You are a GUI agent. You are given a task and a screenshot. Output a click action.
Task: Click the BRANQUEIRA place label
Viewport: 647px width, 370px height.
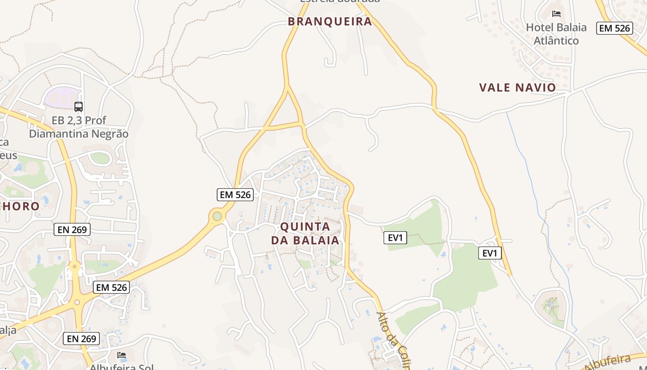coord(330,21)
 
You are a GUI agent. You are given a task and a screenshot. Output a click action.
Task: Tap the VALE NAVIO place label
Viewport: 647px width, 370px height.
coord(517,87)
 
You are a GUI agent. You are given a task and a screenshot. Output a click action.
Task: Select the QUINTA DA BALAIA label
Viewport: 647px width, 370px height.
coord(305,234)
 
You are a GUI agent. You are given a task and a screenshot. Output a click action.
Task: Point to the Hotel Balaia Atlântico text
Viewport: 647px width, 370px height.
coord(556,34)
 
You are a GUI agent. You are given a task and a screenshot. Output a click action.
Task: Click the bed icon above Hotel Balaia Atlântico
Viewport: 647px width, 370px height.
coord(556,14)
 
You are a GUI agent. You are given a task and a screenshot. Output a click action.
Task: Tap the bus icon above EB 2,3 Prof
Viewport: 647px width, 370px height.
coord(79,107)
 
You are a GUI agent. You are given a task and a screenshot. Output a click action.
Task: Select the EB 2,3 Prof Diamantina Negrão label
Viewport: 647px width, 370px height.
coord(79,127)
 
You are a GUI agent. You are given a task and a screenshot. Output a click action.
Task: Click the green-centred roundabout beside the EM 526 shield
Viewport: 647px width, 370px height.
coord(217,216)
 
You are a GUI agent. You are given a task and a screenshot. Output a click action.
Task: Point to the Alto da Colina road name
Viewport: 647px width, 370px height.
coord(393,340)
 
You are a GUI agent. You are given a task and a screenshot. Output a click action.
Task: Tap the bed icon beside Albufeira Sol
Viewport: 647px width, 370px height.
coord(121,355)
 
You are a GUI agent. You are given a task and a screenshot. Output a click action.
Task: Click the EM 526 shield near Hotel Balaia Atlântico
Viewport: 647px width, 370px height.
coord(614,28)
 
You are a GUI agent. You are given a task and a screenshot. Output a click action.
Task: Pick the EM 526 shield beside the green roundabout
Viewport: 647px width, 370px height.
coord(235,195)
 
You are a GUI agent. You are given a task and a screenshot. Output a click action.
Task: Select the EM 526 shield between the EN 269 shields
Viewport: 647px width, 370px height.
coord(111,287)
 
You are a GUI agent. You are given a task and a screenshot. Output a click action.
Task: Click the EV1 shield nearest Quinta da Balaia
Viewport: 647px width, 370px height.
coord(396,238)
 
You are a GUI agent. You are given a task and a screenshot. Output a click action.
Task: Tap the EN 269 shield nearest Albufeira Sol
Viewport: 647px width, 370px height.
coord(81,339)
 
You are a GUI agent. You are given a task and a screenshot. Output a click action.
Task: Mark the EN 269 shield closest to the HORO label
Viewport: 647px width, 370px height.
coord(72,229)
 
